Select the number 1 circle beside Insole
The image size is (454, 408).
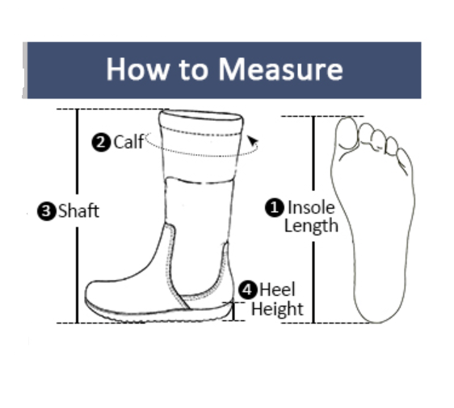(x=275, y=207)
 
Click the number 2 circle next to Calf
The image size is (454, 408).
(x=102, y=143)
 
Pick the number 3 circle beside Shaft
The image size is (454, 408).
(x=46, y=211)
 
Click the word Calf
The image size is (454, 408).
(x=128, y=143)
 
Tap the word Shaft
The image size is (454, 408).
(x=78, y=211)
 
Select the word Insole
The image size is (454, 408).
(x=311, y=207)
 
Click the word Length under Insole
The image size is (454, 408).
(x=311, y=226)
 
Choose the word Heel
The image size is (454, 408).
(x=277, y=289)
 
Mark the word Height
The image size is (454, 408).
(x=277, y=309)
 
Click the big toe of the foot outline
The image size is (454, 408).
(x=347, y=133)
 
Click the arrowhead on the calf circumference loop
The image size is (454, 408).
(x=254, y=143)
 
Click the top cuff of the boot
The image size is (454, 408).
(x=201, y=121)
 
